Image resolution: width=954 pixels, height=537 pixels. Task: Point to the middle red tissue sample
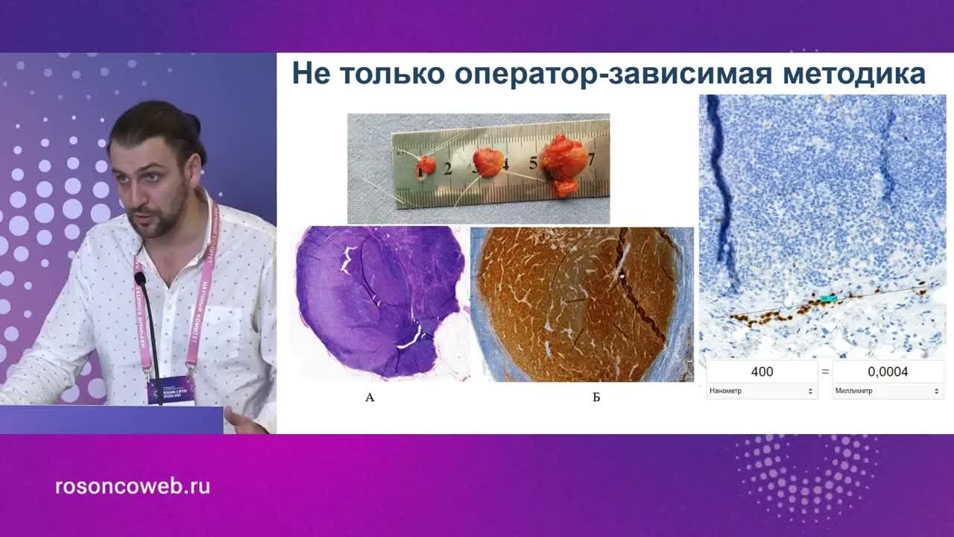488,162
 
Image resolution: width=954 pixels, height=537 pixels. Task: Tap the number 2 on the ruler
447,169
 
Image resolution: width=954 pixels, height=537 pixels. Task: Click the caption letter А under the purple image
370,398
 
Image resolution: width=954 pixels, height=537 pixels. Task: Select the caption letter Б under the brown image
596,398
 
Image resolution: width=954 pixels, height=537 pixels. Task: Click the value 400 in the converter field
762,371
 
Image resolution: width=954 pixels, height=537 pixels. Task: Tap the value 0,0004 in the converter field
887,371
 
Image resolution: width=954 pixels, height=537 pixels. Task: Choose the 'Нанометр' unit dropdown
761,391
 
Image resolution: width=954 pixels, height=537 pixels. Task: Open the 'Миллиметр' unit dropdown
887,391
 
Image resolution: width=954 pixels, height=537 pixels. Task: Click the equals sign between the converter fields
825,371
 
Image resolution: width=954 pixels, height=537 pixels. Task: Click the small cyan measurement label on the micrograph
828,298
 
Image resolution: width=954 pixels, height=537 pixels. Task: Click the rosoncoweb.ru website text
133,487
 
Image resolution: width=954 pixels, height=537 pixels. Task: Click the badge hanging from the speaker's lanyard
171,389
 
